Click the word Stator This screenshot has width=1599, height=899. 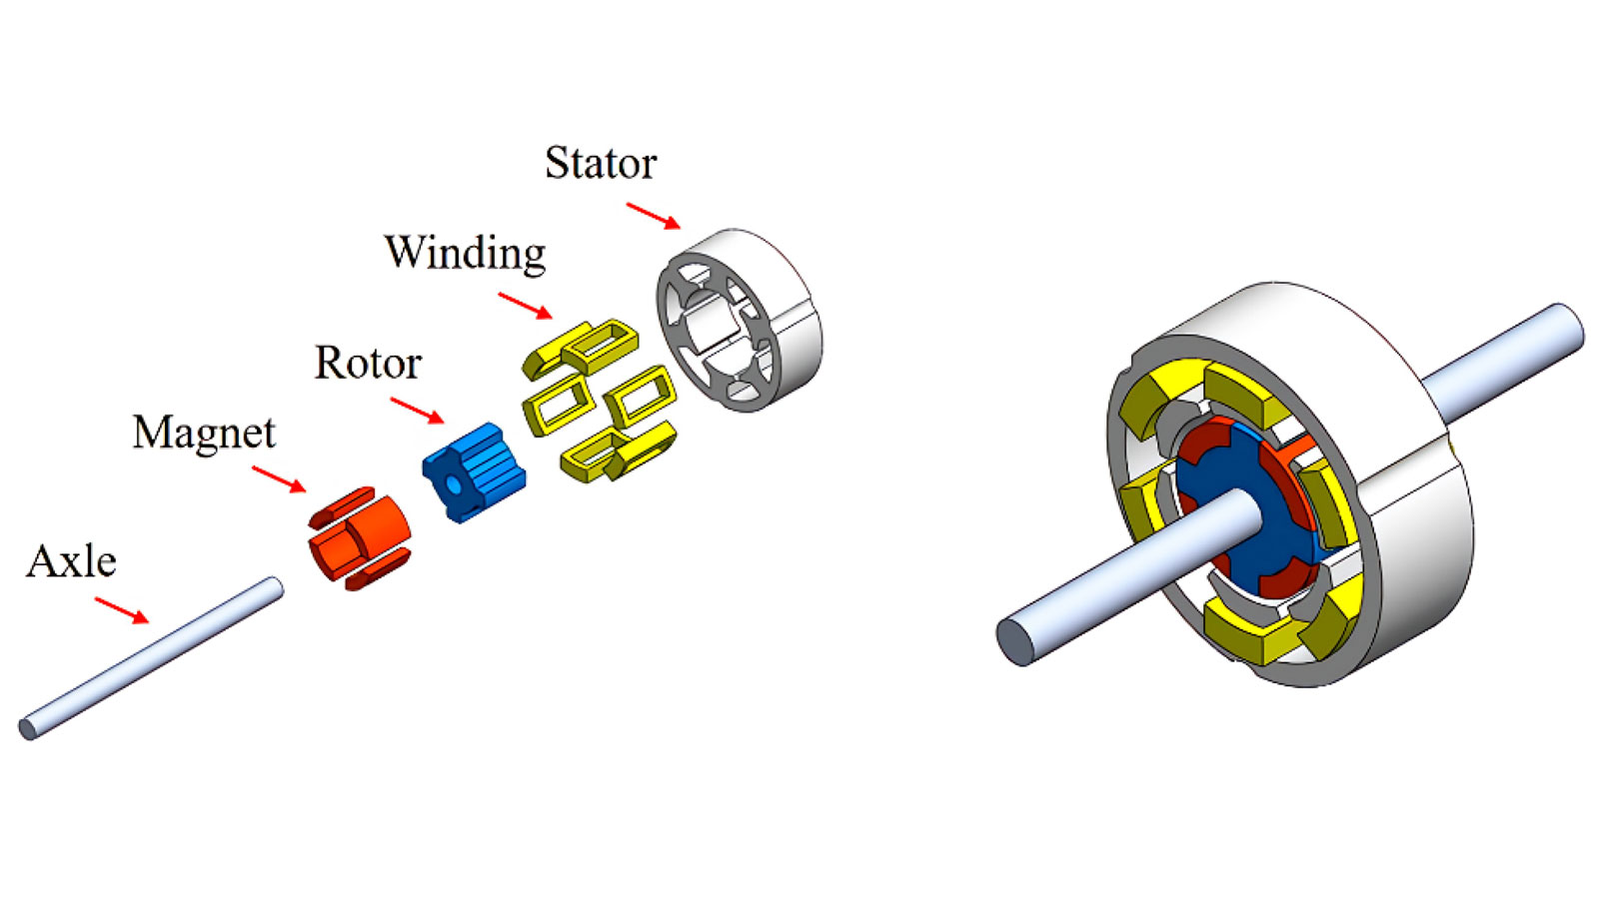600,164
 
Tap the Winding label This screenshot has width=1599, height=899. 465,253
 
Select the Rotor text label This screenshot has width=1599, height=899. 368,363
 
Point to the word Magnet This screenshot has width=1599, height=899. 204,434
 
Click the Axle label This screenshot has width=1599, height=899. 71,562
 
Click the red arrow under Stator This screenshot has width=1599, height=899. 653,216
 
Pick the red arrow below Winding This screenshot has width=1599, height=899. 525,306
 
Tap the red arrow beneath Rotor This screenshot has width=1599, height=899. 417,410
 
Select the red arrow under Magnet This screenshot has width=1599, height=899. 279,479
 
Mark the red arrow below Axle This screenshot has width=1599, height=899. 121,610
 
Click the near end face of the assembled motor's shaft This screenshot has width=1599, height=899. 1017,640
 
